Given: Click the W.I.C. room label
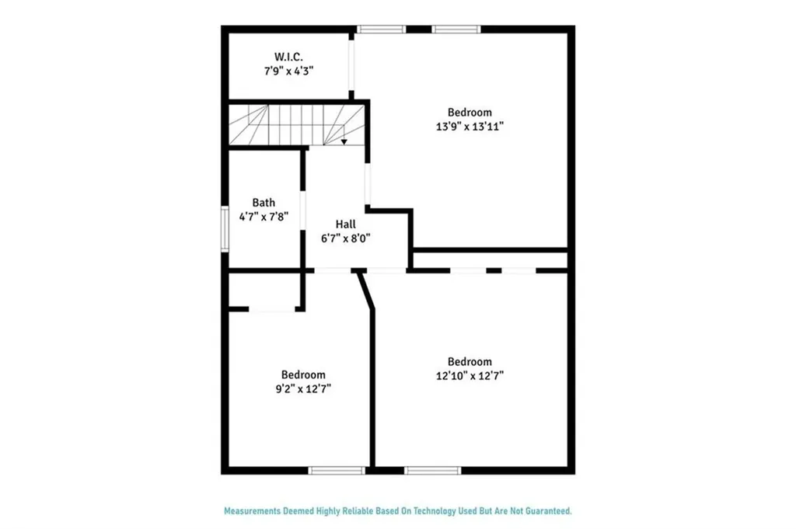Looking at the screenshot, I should click(x=288, y=57).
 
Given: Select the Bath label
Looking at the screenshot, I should click(x=264, y=204).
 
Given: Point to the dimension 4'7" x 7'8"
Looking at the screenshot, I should click(x=264, y=218).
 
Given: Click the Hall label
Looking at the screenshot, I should click(x=346, y=224).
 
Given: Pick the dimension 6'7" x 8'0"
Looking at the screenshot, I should click(x=346, y=238).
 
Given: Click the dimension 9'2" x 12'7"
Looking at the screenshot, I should click(x=303, y=388).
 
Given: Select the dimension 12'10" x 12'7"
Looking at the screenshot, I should click(x=470, y=375).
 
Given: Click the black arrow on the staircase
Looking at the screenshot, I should click(x=344, y=141).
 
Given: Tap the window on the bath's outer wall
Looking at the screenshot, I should click(x=225, y=229).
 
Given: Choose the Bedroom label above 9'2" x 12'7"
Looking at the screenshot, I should click(x=303, y=374).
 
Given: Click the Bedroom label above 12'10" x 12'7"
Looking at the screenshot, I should click(x=470, y=361).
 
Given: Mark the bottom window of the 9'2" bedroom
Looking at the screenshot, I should click(x=337, y=470).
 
